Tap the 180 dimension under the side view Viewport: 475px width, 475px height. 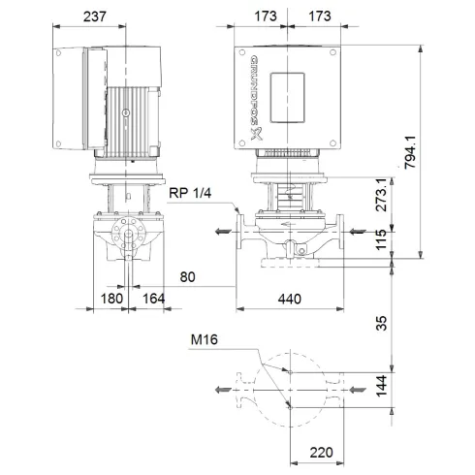pos(113,300)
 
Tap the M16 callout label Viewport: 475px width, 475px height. pos(205,339)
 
